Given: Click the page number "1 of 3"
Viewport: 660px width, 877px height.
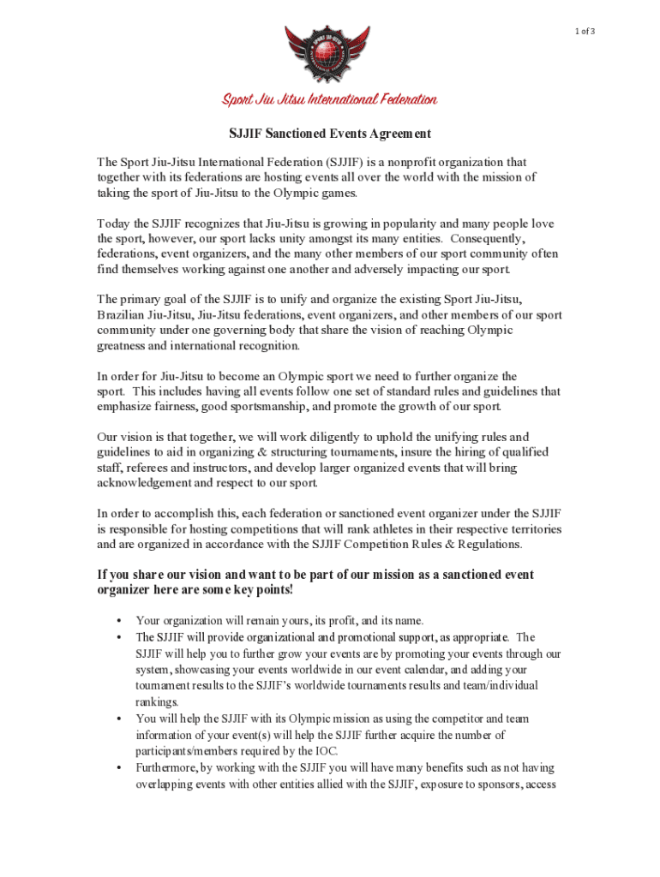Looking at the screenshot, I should [584, 31].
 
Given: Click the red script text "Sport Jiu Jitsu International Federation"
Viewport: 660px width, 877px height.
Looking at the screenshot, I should [330, 100].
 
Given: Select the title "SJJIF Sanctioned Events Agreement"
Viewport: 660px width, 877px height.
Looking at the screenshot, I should [329, 134].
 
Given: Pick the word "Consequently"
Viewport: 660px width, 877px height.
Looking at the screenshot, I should [489, 238].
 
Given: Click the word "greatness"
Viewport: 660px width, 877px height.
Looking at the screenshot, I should [124, 346].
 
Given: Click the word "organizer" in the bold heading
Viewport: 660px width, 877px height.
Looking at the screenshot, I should [125, 591].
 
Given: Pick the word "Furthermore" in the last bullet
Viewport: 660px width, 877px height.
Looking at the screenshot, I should [166, 767].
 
